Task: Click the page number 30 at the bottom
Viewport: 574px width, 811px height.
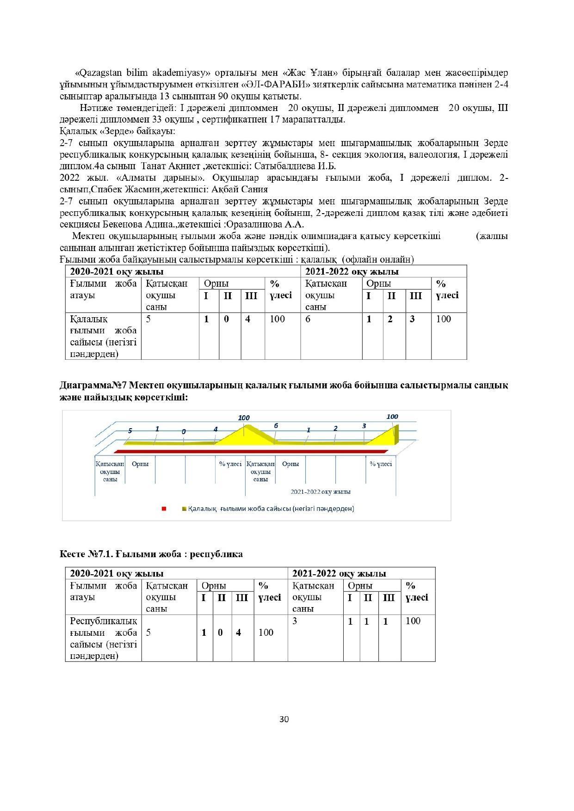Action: tap(284, 719)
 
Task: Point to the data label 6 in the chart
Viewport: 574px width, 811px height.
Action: tap(276, 426)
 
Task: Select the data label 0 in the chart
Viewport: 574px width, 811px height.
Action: tap(184, 431)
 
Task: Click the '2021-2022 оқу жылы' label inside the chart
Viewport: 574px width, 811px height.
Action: tap(321, 492)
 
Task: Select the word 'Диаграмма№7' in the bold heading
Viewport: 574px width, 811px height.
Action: tap(93, 386)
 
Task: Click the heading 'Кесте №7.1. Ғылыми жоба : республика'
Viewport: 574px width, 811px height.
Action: tap(151, 554)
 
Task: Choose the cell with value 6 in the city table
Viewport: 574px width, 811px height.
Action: tap(308, 319)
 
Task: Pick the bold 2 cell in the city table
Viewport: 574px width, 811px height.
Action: tap(390, 319)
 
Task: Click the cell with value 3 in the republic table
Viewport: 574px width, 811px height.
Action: tap(295, 621)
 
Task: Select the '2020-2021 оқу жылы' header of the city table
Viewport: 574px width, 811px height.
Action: tap(117, 272)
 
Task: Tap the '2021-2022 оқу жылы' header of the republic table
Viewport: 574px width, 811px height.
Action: tap(339, 574)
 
